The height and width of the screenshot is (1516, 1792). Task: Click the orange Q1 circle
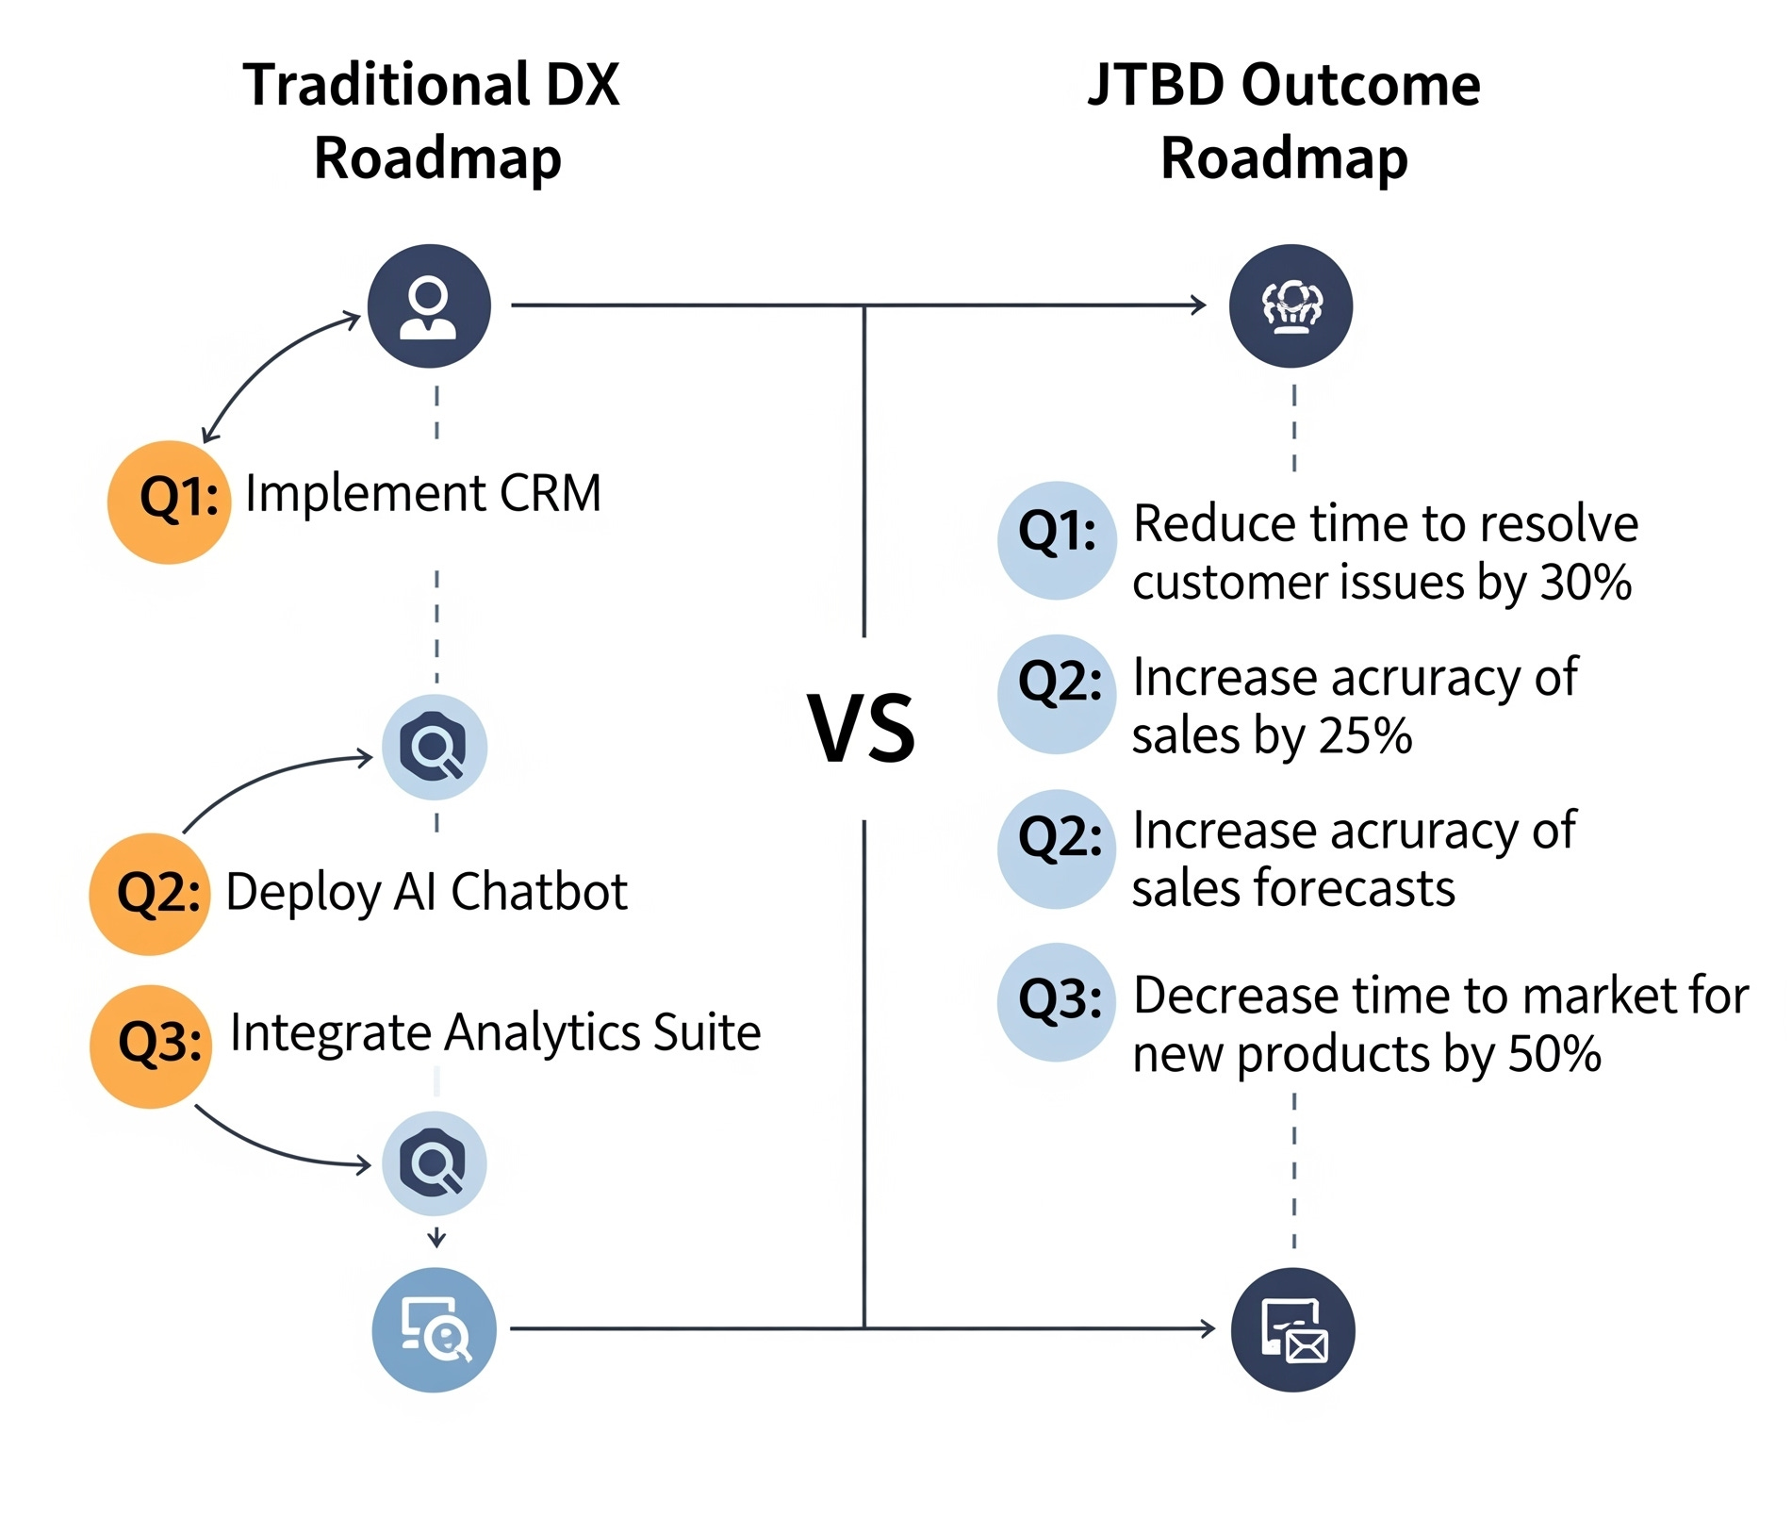pyautogui.click(x=170, y=503)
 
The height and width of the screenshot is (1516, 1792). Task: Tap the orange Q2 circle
pyautogui.click(x=150, y=894)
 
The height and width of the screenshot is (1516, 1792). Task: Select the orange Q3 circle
pyautogui.click(x=151, y=1046)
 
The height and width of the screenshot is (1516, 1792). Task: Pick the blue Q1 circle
pyautogui.click(x=1057, y=540)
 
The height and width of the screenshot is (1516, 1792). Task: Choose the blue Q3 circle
pyautogui.click(x=1057, y=1002)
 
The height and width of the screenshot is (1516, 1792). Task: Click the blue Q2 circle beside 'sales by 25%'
pyautogui.click(x=1057, y=694)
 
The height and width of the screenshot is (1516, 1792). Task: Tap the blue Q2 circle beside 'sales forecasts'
pyautogui.click(x=1057, y=849)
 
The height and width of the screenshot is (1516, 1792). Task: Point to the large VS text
pyautogui.click(x=861, y=729)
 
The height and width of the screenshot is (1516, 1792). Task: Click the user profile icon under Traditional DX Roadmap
pyautogui.click(x=429, y=306)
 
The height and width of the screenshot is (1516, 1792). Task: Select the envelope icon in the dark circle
pyautogui.click(x=1293, y=1329)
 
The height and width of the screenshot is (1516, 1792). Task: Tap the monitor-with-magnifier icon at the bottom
pyautogui.click(x=434, y=1329)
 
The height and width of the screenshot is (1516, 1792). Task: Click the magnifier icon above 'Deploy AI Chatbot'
pyautogui.click(x=434, y=748)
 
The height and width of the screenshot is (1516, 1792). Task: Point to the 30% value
pyautogui.click(x=1586, y=583)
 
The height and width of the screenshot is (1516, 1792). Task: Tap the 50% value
pyautogui.click(x=1554, y=1054)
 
